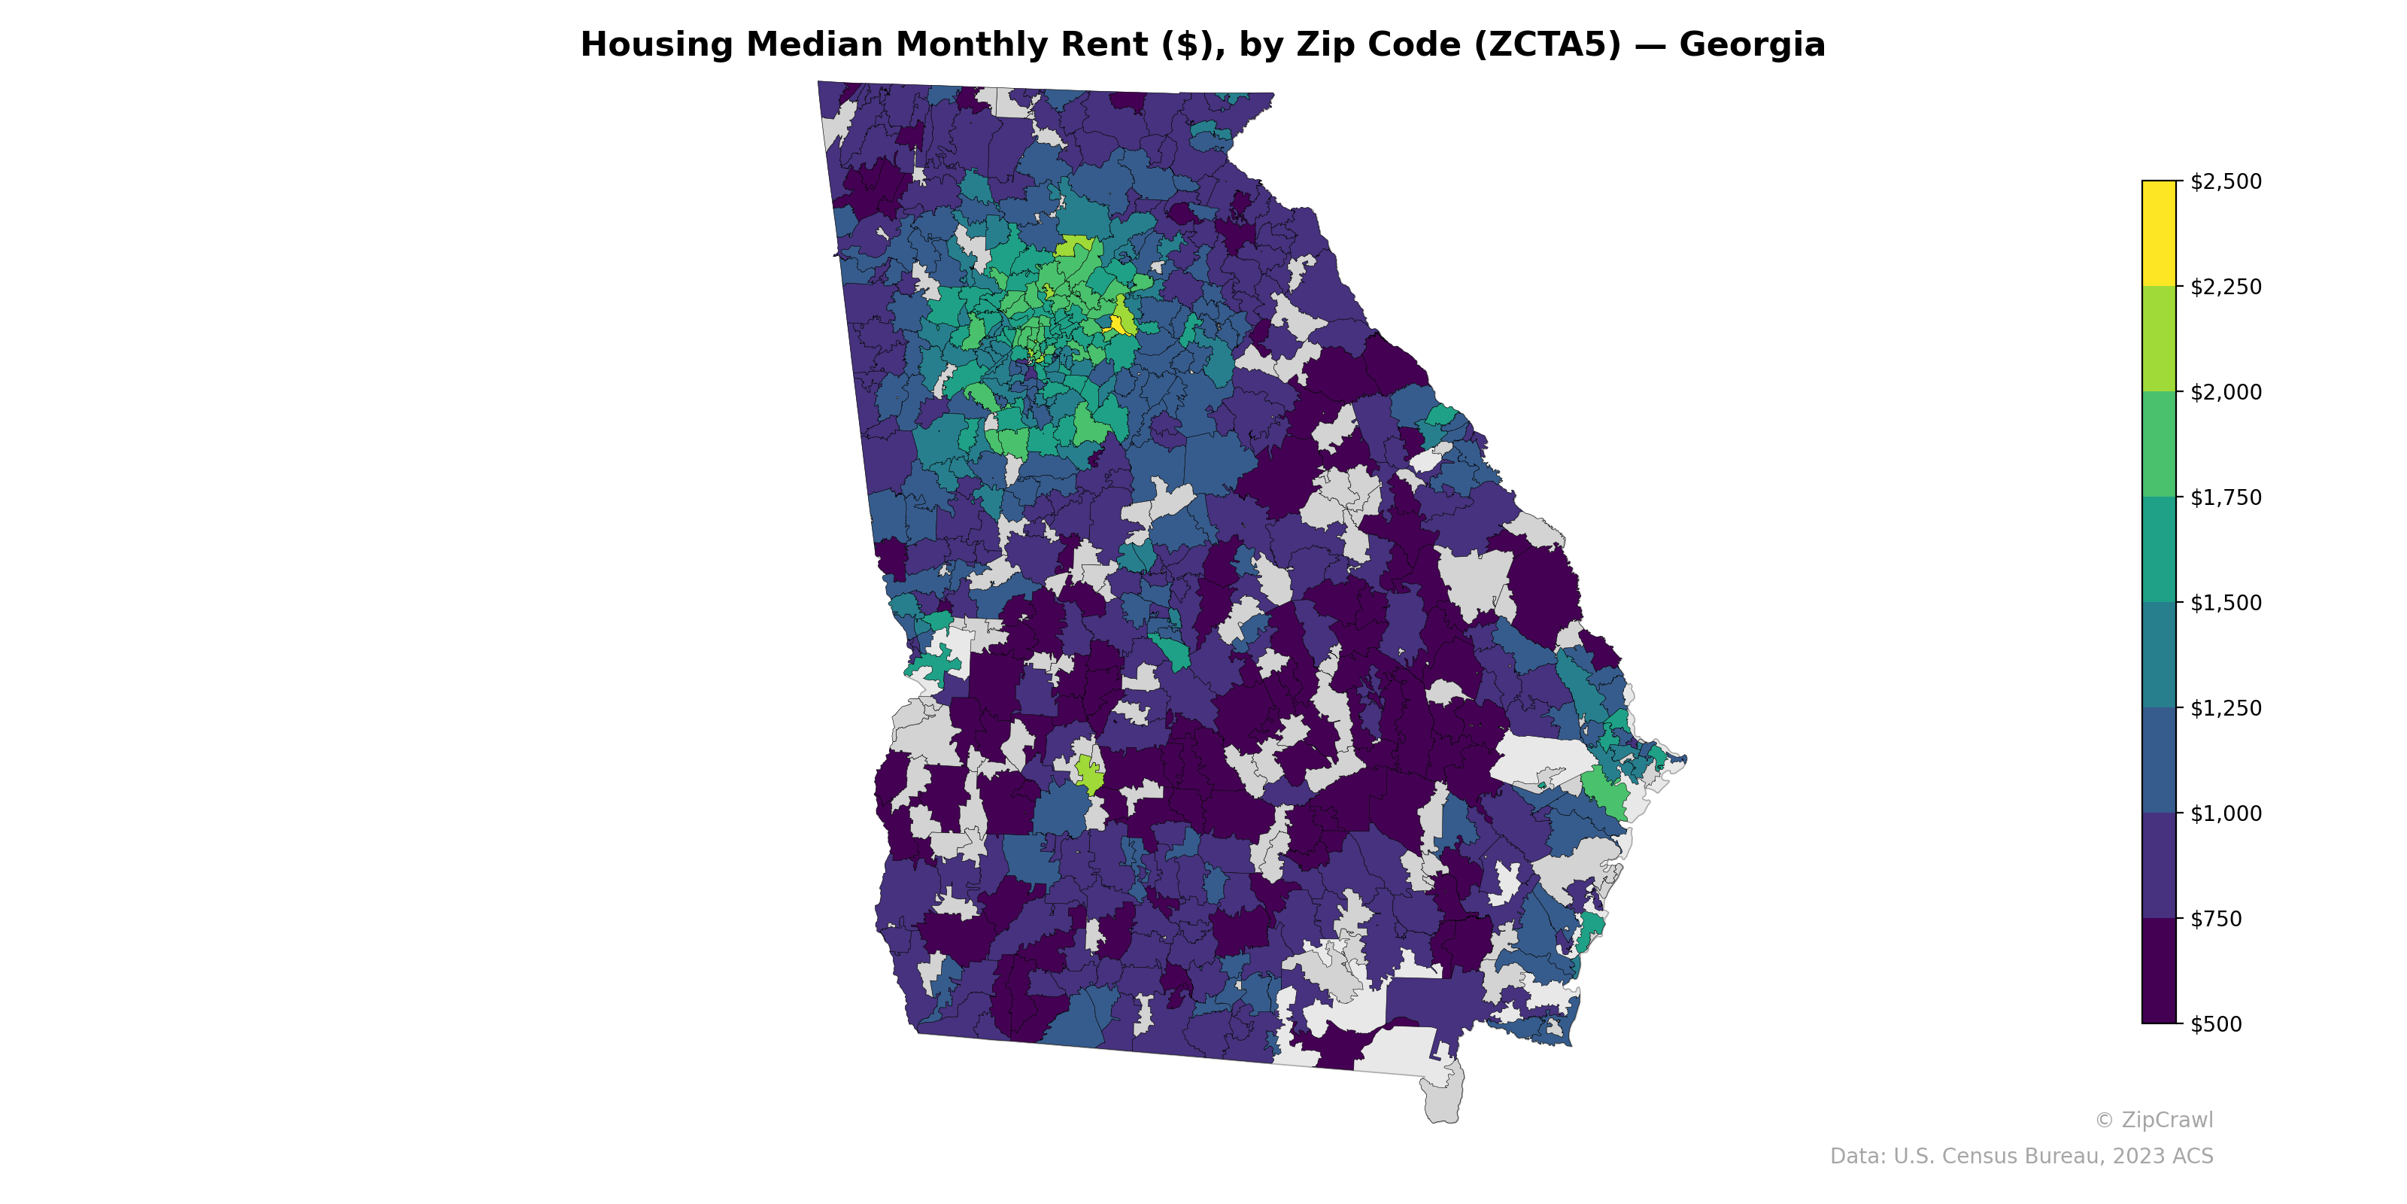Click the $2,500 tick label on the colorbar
tap(2226, 181)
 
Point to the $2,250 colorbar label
tap(2226, 287)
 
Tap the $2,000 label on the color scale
tap(2226, 391)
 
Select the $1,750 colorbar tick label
tap(2226, 497)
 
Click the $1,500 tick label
tap(2226, 603)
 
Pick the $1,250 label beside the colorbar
tap(2226, 707)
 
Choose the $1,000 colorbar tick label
tap(2226, 813)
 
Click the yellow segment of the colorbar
tap(2159, 233)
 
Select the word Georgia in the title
tap(1752, 45)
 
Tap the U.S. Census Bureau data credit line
tap(2021, 1157)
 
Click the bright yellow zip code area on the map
tap(1115, 324)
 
